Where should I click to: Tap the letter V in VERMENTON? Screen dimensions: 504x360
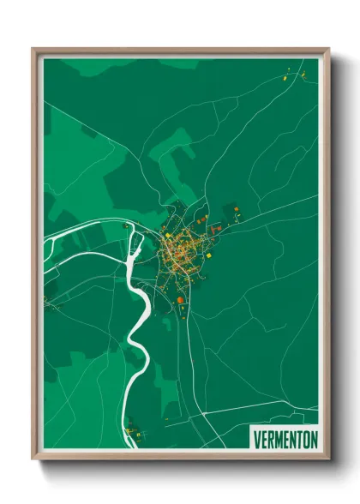[x=255, y=436]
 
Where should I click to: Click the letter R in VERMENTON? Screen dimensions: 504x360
[x=269, y=436]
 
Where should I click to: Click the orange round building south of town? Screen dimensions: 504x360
[x=180, y=300]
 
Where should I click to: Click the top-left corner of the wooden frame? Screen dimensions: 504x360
[x=33, y=49]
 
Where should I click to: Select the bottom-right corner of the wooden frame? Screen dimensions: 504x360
[x=328, y=459]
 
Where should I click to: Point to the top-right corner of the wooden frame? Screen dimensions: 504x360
[x=328, y=49]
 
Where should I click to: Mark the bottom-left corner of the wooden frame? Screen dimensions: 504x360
[x=33, y=459]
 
